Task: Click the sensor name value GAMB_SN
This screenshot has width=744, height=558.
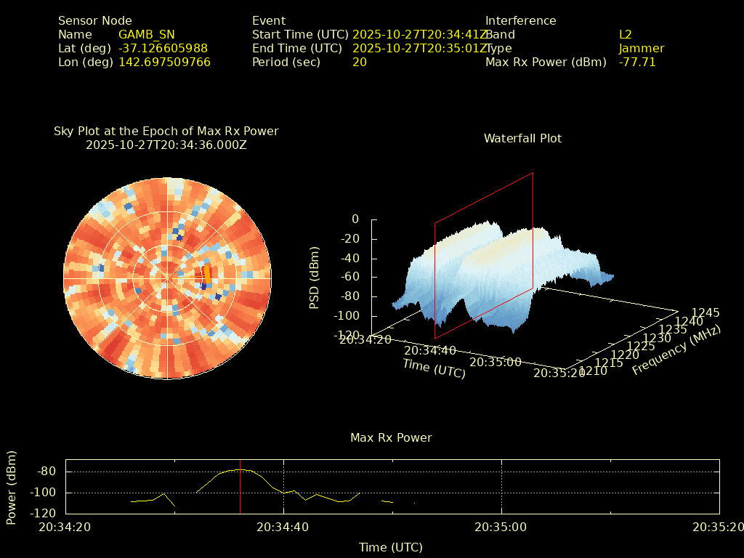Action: (x=146, y=35)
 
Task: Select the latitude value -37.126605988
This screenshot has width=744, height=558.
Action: (x=163, y=49)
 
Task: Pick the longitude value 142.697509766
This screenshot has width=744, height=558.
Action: (x=164, y=62)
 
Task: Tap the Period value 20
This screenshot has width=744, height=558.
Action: (x=359, y=62)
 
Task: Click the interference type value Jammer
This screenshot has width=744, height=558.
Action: (x=641, y=49)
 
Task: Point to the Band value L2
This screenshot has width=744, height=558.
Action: (x=625, y=35)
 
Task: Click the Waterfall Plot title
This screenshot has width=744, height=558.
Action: (x=522, y=138)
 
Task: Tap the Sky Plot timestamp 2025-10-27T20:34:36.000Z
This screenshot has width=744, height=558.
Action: (x=166, y=145)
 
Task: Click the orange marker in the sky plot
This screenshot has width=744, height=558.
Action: (x=207, y=273)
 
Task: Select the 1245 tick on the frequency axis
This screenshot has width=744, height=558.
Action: (x=705, y=312)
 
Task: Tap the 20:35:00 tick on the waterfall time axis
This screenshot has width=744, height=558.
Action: (x=495, y=361)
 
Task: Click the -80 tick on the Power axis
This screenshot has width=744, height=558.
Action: (x=46, y=472)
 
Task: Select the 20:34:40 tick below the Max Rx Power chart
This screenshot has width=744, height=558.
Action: (x=284, y=527)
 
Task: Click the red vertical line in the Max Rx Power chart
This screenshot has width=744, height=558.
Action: (x=240, y=494)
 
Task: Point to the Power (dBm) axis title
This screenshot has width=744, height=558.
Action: (x=12, y=487)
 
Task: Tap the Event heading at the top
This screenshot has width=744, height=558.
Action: (x=269, y=21)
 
